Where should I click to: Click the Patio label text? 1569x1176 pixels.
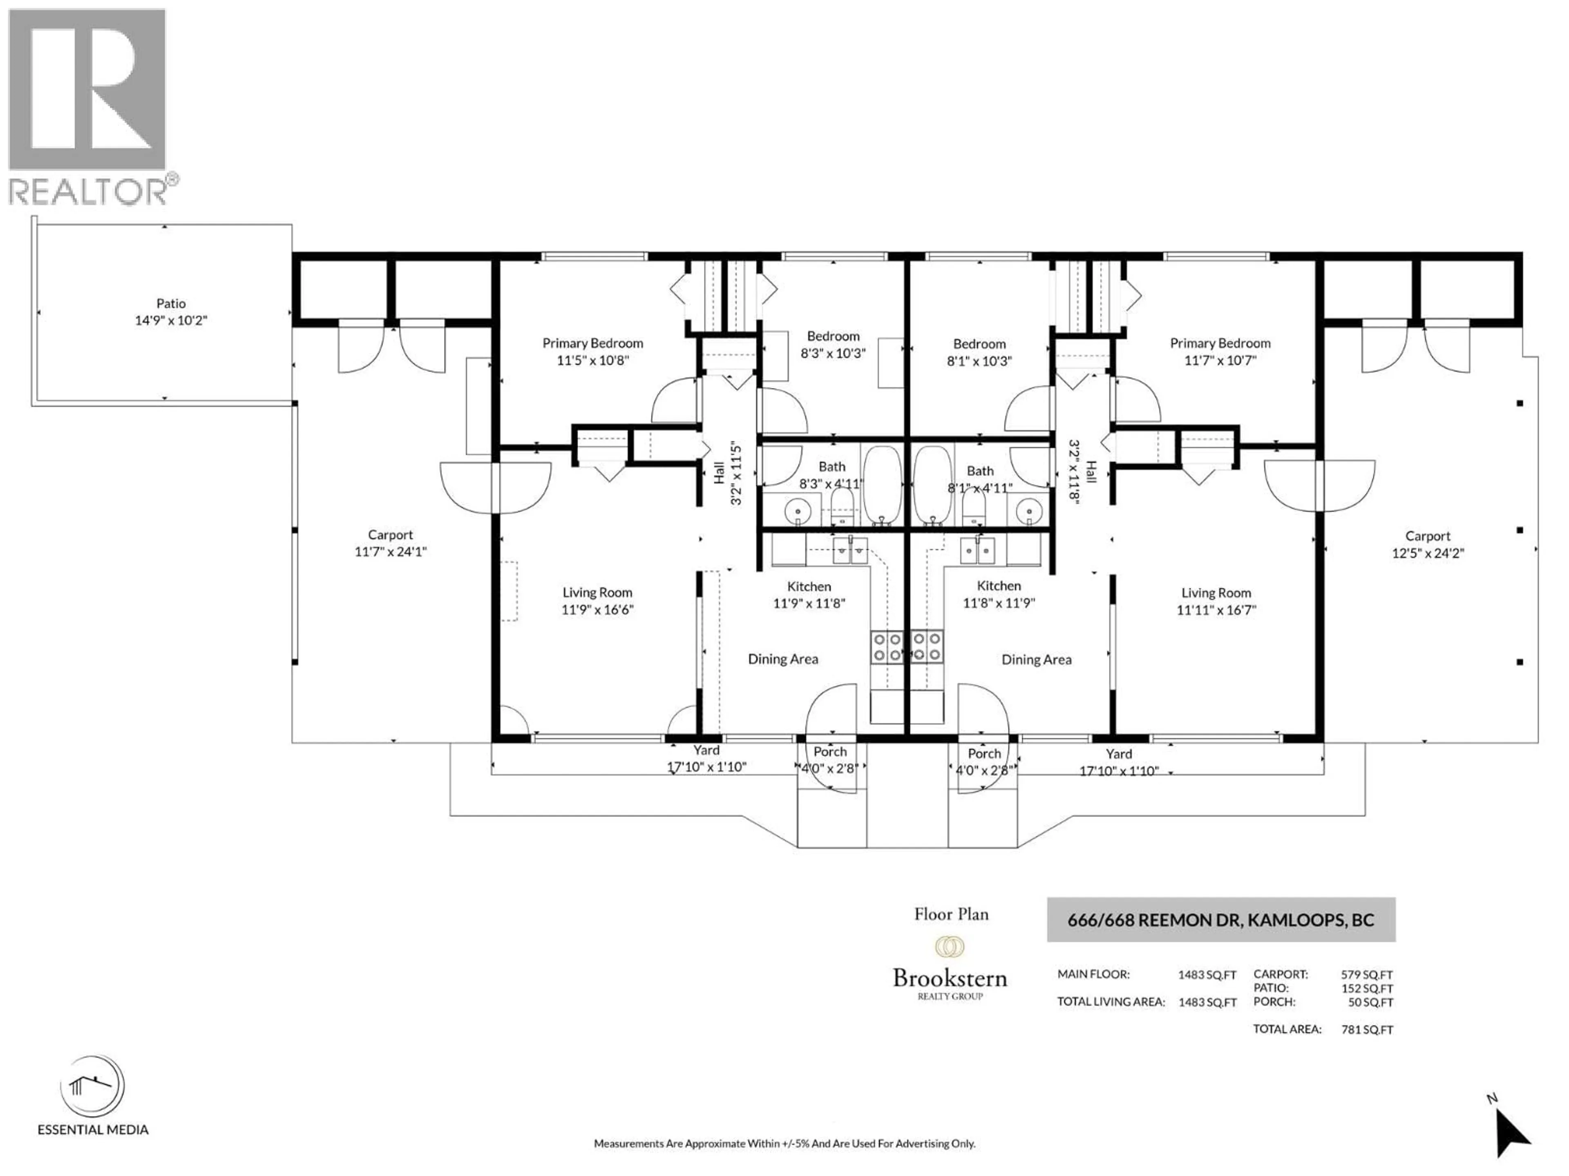[x=171, y=303]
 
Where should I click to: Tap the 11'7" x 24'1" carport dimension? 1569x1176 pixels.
[x=390, y=552]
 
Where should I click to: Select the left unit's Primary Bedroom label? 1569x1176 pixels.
[x=592, y=343]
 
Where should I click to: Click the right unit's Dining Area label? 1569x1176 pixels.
[x=1036, y=660]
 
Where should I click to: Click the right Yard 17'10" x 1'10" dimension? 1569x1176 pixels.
[x=1119, y=771]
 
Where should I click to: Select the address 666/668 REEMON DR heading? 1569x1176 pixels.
[x=1221, y=920]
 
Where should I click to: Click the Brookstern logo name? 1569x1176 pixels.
[x=950, y=979]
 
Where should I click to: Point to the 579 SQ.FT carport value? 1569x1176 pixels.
[x=1366, y=975]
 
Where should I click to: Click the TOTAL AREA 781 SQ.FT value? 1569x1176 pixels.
[x=1366, y=1030]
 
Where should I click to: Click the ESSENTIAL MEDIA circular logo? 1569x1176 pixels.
[x=93, y=1087]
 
